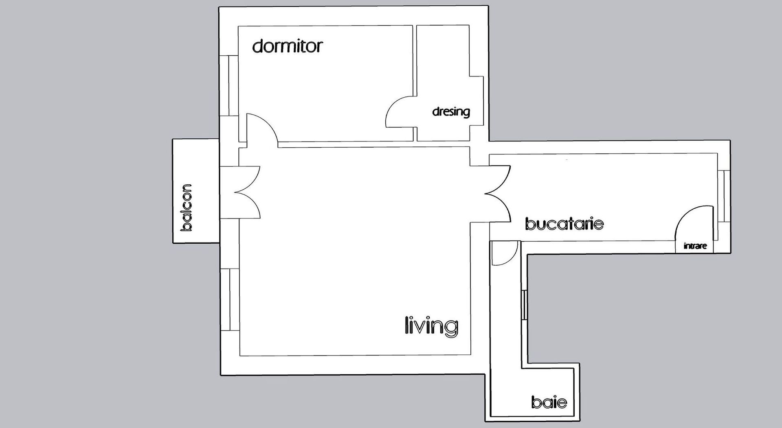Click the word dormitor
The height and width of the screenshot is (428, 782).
[x=287, y=46]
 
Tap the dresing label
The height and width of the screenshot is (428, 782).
[x=451, y=111]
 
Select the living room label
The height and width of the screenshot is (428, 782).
[x=431, y=326]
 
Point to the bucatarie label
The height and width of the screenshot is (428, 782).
[x=564, y=224]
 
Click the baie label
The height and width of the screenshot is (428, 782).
[x=549, y=402]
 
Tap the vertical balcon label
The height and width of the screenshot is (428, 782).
[x=186, y=208]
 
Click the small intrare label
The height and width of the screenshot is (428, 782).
[x=695, y=246]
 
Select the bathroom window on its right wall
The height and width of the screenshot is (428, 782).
[x=525, y=305]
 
